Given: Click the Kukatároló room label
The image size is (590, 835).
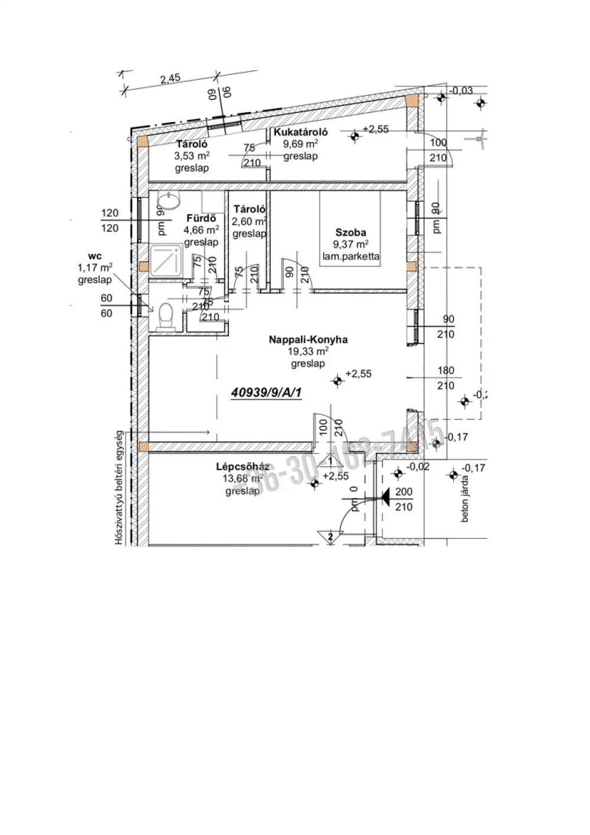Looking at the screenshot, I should tap(300, 132).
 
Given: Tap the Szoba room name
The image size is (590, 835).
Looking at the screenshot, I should tap(350, 233).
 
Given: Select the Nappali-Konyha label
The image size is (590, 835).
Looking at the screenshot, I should tap(308, 339).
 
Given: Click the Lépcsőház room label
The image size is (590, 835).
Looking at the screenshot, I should tap(242, 467).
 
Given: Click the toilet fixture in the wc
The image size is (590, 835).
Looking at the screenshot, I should tap(165, 315).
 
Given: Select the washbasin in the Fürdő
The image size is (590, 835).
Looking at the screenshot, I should tap(171, 202).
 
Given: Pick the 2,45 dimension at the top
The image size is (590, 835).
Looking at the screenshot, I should tap(170, 78).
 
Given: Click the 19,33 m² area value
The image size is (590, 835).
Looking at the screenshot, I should tap(308, 352).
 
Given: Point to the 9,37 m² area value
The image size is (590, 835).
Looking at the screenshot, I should tap(350, 244).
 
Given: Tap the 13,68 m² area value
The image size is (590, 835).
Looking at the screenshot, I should tap(242, 479).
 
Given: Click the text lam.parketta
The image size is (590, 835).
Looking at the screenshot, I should tap(350, 257).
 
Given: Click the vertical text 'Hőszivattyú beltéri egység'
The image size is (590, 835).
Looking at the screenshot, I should tap(119, 487).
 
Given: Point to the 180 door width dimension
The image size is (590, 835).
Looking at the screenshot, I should tap(446, 371).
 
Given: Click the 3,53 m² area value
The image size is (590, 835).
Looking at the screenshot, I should tap(192, 156).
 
